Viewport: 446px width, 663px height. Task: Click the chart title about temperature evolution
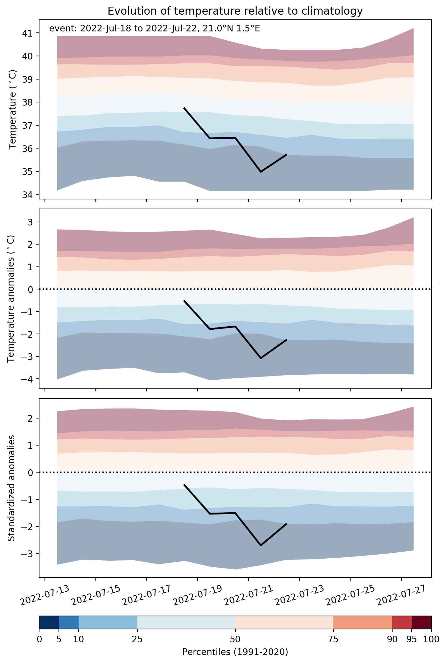click(235, 11)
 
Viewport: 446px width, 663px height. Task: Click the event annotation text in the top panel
click(155, 29)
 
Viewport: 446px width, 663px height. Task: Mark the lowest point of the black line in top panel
click(261, 172)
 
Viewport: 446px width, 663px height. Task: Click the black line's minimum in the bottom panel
click(261, 545)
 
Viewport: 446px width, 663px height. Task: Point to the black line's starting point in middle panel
click(184, 300)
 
